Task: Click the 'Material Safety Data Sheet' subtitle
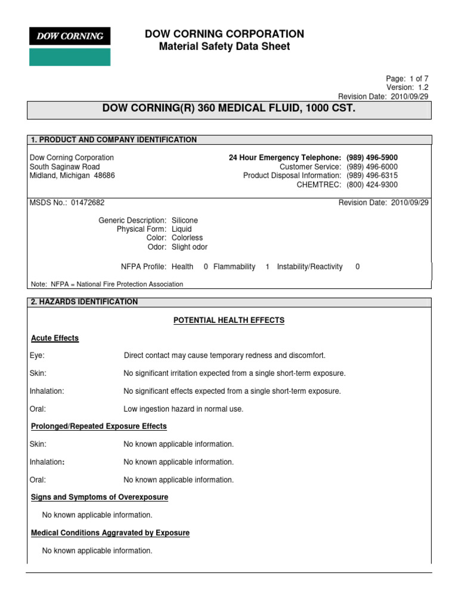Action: pos(224,46)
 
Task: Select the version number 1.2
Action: pos(423,88)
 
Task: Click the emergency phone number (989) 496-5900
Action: pos(372,158)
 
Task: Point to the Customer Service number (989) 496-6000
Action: pos(372,167)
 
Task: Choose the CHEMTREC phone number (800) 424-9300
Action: pos(372,185)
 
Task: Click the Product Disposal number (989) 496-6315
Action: pos(372,176)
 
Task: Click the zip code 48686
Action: pos(104,176)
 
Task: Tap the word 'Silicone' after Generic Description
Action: pos(185,220)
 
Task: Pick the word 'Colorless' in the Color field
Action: pos(187,238)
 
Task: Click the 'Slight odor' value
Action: pos(190,247)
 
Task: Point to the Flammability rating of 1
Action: pos(268,267)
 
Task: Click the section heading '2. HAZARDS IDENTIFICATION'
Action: pos(84,302)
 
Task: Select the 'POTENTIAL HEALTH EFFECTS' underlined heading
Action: pos(229,320)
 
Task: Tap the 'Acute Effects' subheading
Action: pos(55,338)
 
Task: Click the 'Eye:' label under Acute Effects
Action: pos(38,356)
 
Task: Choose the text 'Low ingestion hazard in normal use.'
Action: pos(184,409)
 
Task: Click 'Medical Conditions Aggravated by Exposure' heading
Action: pos(110,533)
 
